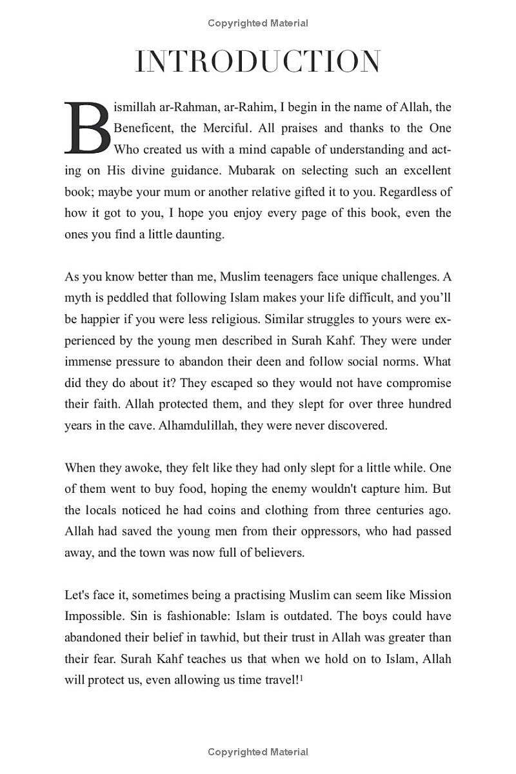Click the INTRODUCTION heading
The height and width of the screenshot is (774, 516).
(x=258, y=62)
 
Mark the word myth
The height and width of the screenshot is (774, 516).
(x=77, y=299)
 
